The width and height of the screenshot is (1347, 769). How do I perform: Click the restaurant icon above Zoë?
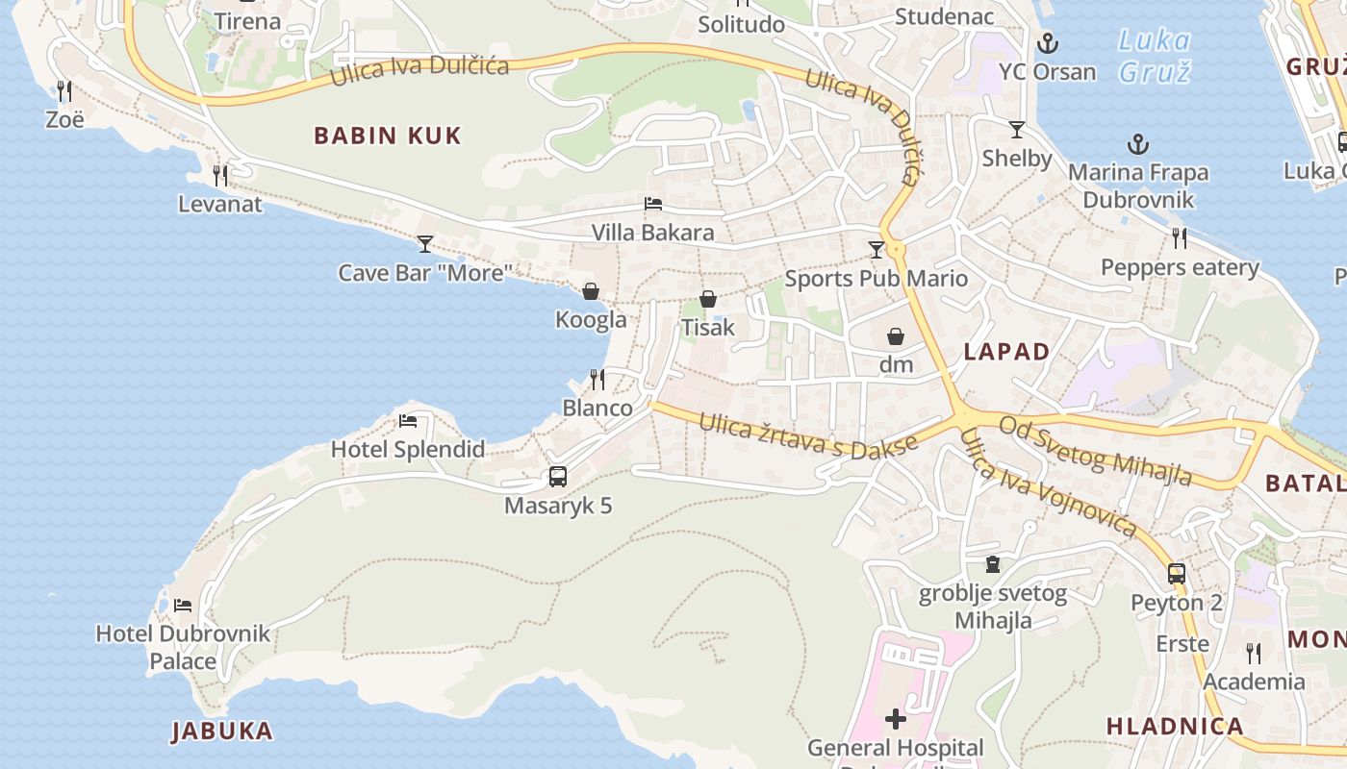(x=64, y=91)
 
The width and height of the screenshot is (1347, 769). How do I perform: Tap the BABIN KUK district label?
(x=388, y=136)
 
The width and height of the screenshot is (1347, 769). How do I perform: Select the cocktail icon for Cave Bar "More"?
(x=425, y=244)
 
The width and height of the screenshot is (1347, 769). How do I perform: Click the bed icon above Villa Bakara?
(x=653, y=204)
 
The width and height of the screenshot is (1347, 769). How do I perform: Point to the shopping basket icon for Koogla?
(x=591, y=291)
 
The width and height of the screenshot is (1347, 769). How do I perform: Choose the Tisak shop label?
(x=707, y=328)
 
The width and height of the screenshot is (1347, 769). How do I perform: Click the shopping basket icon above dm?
(x=896, y=336)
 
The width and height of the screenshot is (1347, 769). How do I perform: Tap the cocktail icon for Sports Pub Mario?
(x=876, y=250)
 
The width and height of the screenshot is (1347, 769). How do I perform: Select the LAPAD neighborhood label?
(x=1006, y=352)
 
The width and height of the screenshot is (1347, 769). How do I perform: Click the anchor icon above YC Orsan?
(x=1047, y=43)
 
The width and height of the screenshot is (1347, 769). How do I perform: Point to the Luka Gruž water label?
(x=1155, y=56)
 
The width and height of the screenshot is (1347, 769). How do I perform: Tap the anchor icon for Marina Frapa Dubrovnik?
(x=1138, y=145)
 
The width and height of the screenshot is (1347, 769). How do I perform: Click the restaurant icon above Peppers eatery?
(x=1180, y=238)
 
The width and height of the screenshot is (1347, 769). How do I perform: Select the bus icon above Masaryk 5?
(x=557, y=477)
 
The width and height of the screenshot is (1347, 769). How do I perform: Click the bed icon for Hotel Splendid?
(x=408, y=421)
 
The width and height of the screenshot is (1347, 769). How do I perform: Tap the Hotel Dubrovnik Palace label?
(x=183, y=647)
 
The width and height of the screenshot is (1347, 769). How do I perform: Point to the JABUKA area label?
(x=222, y=731)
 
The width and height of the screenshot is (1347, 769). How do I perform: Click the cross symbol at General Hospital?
(x=896, y=718)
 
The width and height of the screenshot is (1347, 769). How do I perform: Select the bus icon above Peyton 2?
(x=1176, y=574)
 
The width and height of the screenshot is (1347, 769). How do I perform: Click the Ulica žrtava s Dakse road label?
(x=808, y=436)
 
